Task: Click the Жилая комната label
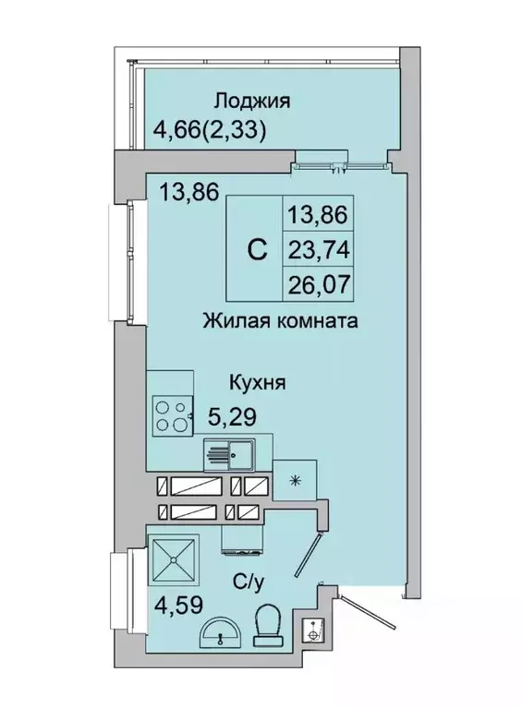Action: (281, 322)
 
